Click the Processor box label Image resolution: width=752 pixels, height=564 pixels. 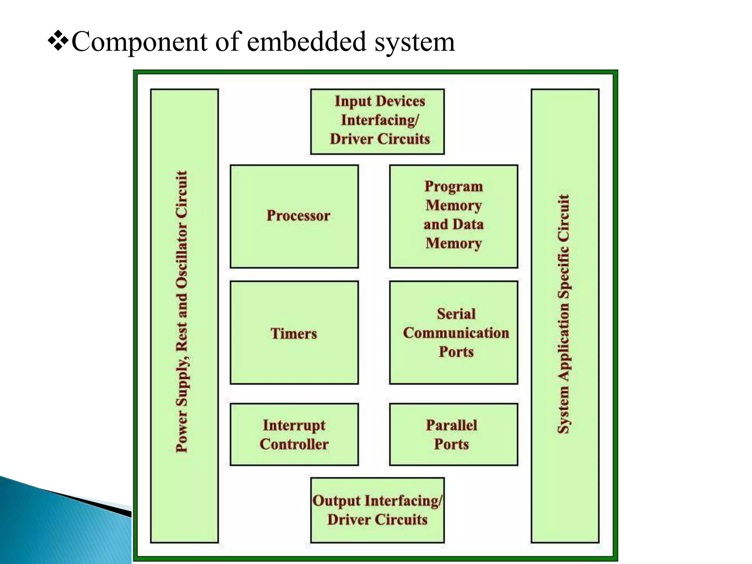tap(298, 216)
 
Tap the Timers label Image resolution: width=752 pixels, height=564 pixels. tap(294, 334)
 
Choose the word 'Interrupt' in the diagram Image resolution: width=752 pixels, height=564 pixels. tap(294, 425)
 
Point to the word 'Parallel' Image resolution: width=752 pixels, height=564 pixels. tap(451, 425)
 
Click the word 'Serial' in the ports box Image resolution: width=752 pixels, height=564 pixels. tap(456, 314)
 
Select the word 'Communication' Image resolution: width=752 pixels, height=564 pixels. tap(456, 333)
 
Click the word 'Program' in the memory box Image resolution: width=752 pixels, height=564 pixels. tap(454, 187)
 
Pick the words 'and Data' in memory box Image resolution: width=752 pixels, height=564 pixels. tap(454, 224)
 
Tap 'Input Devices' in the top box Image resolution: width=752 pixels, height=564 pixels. tap(380, 101)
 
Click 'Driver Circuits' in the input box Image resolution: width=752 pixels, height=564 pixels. tap(380, 139)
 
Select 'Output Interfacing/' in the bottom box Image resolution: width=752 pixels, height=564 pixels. tap(377, 501)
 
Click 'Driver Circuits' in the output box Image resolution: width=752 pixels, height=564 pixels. tap(377, 520)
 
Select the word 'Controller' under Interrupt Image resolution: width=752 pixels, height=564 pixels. tap(294, 444)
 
